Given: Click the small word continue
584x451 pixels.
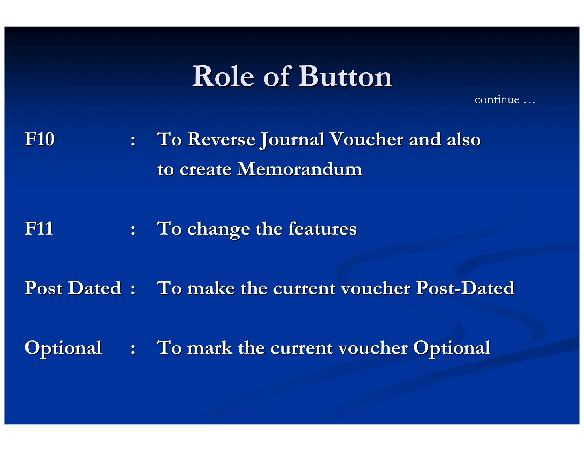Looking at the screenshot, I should pos(497,100).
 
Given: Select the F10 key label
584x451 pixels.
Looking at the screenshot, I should pos(39,139).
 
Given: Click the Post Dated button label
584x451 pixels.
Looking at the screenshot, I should pos(73,288).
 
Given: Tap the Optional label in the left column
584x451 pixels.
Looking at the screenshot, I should pos(63,348).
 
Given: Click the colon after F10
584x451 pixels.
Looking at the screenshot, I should pos(133,141).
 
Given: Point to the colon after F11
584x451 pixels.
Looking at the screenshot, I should pos(133,230).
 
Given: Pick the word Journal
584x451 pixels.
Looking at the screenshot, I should pos(292,140).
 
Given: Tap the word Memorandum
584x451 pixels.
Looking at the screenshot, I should pos(299,169).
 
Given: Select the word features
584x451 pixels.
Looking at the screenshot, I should pos(322,229).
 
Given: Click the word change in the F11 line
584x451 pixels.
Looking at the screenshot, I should pos(218,229).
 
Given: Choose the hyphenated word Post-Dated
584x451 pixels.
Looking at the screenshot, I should pos(465,288).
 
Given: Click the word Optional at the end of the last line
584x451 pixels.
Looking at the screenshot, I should pos(452,348).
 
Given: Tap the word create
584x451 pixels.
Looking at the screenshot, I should pos(205,170).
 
